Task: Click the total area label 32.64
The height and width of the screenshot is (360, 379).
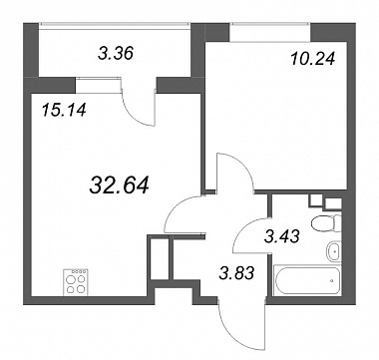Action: tap(119, 185)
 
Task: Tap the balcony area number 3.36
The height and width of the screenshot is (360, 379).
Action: tap(116, 53)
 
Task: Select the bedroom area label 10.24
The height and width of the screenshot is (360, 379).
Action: tap(312, 60)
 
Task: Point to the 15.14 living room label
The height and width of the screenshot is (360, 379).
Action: tap(64, 110)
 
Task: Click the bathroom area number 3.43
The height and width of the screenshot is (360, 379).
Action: tap(282, 236)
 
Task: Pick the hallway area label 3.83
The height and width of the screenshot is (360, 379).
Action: tap(236, 273)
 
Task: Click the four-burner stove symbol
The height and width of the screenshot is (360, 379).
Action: tap(76, 281)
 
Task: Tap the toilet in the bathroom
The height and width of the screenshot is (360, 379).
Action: tap(327, 223)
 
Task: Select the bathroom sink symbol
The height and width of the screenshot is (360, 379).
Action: tap(334, 251)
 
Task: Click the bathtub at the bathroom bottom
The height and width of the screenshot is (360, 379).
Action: tap(307, 280)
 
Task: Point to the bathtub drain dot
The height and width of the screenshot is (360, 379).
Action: tap(332, 280)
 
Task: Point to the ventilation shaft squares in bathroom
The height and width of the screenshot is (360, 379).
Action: tap(325, 201)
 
